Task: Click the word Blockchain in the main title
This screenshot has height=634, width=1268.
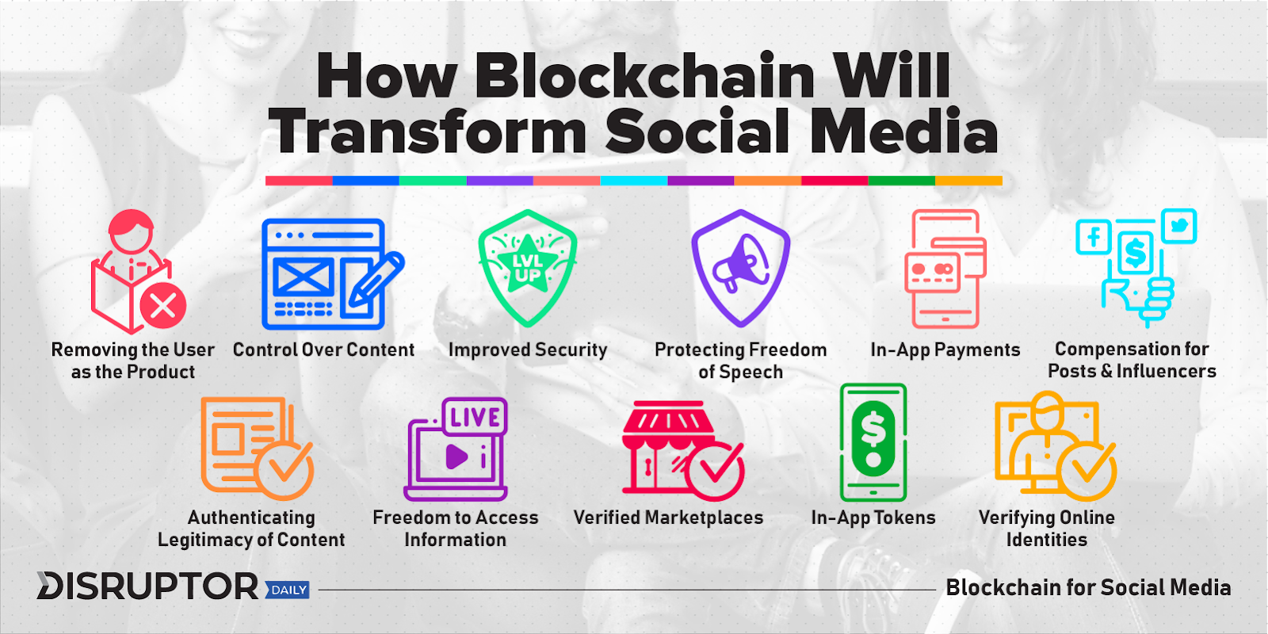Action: [x=644, y=76]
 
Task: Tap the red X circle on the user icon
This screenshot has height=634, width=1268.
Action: [x=163, y=306]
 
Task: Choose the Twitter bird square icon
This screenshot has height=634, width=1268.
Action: [x=1179, y=226]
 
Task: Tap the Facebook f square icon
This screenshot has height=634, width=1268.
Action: [x=1094, y=237]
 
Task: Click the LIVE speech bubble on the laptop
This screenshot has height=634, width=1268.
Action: [x=475, y=417]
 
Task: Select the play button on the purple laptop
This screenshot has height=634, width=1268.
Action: [x=456, y=456]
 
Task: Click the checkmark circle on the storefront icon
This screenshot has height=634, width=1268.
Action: [x=714, y=472]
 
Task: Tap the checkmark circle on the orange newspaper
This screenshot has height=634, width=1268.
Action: [x=284, y=470]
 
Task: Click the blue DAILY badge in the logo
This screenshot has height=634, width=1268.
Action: [x=288, y=590]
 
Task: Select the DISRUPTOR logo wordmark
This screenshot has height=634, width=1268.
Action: [x=147, y=586]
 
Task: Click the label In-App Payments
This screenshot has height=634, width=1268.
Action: [x=945, y=349]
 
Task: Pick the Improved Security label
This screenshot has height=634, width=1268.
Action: [x=528, y=349]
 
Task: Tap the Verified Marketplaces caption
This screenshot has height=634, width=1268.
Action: [x=668, y=518]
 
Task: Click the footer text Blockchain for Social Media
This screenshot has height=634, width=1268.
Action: [x=1089, y=587]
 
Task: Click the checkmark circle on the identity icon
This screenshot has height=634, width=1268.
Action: [x=1087, y=472]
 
